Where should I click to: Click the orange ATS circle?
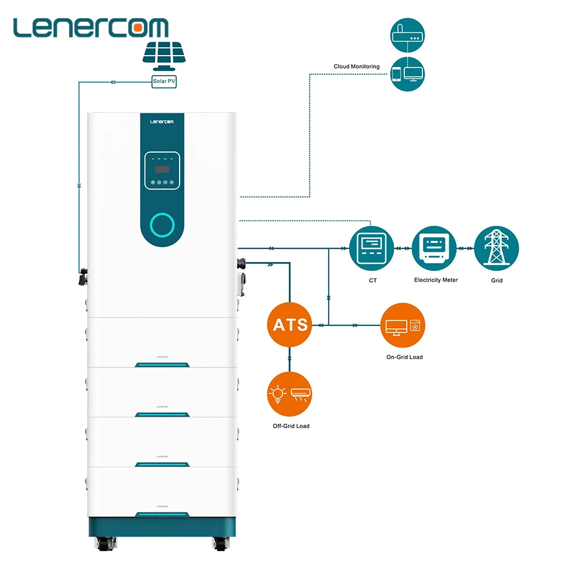[x=291, y=324]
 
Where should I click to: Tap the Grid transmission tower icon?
[x=496, y=248]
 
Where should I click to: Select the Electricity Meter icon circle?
[x=433, y=248]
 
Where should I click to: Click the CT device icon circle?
[x=371, y=248]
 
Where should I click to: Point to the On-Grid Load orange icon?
[x=402, y=325]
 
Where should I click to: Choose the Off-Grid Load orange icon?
[x=290, y=394]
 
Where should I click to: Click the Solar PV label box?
[x=164, y=82]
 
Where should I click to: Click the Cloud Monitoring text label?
[x=356, y=67]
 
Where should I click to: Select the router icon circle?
[x=407, y=36]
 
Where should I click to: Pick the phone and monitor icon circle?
[x=407, y=74]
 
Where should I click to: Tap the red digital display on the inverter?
[x=162, y=169]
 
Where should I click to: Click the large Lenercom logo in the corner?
[x=91, y=27]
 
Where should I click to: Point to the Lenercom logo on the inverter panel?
[x=163, y=122]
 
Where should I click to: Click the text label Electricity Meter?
[x=436, y=280]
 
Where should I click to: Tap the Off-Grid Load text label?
[x=291, y=426]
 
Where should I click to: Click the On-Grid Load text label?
[x=404, y=357]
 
